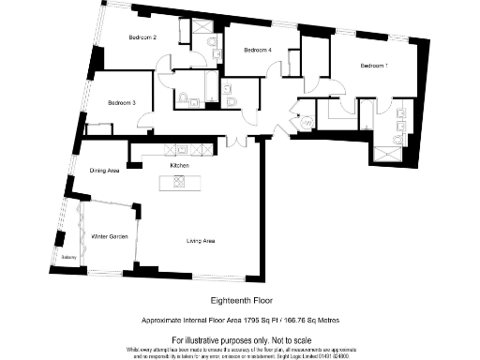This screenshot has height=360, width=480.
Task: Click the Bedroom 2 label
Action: [x=142, y=37]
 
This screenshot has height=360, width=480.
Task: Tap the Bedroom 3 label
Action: [x=122, y=102]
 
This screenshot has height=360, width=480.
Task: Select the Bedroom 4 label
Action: [x=257, y=50]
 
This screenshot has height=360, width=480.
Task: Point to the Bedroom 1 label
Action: [x=374, y=66]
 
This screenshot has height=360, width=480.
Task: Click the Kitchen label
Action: [x=180, y=166]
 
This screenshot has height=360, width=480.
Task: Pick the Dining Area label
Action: [x=104, y=172]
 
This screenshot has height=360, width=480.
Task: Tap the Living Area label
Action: [x=202, y=242]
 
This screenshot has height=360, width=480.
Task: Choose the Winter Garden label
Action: [x=110, y=236]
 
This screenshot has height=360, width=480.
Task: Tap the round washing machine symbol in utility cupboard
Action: [x=307, y=122]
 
